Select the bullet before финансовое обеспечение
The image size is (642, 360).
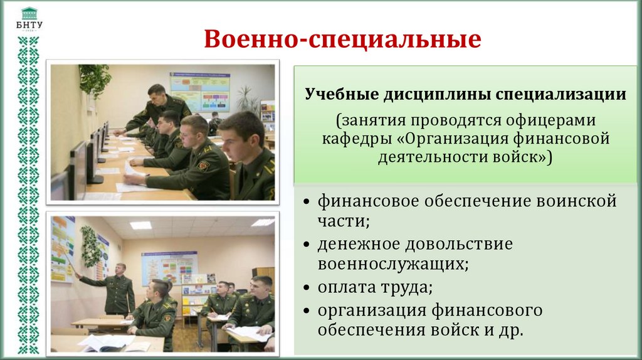click(x=305, y=203)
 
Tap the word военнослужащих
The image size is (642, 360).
click(x=392, y=263)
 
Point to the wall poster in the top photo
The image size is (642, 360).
click(x=200, y=90)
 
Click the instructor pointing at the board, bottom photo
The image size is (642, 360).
click(x=116, y=289)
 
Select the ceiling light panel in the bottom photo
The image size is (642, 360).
click(x=140, y=225)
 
